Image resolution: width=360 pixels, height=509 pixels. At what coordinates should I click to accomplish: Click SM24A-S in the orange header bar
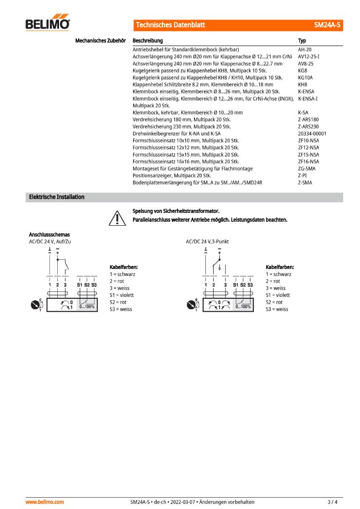click(327, 25)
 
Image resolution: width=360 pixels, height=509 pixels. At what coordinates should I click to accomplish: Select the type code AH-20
click(304, 50)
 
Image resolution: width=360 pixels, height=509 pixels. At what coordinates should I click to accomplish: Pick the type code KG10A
click(305, 78)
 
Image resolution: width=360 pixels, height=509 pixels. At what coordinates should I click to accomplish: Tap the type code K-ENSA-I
click(308, 98)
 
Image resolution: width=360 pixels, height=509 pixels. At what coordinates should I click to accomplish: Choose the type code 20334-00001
click(312, 134)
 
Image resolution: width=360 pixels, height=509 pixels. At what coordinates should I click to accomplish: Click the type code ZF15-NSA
click(309, 154)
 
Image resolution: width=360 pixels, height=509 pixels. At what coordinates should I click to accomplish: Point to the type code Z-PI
click(302, 175)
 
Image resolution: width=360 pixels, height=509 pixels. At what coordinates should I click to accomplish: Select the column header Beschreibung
click(148, 41)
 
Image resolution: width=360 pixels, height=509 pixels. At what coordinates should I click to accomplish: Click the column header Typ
click(302, 41)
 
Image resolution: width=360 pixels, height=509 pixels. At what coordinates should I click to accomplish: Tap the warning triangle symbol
click(115, 218)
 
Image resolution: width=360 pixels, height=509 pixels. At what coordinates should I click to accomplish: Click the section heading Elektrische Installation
click(56, 197)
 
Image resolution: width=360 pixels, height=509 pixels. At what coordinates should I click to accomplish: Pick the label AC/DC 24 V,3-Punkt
click(207, 241)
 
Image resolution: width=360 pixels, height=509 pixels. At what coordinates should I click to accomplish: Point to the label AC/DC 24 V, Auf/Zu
click(50, 241)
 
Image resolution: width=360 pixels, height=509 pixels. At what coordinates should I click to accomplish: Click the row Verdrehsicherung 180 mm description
click(182, 120)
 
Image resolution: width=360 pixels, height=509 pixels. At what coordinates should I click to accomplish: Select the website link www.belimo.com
click(45, 502)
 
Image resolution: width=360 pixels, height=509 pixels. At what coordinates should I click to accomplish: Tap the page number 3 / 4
click(333, 502)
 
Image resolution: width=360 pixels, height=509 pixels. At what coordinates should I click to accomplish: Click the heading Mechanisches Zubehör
click(100, 41)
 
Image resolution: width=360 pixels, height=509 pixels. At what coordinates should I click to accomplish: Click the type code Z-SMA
click(305, 182)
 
